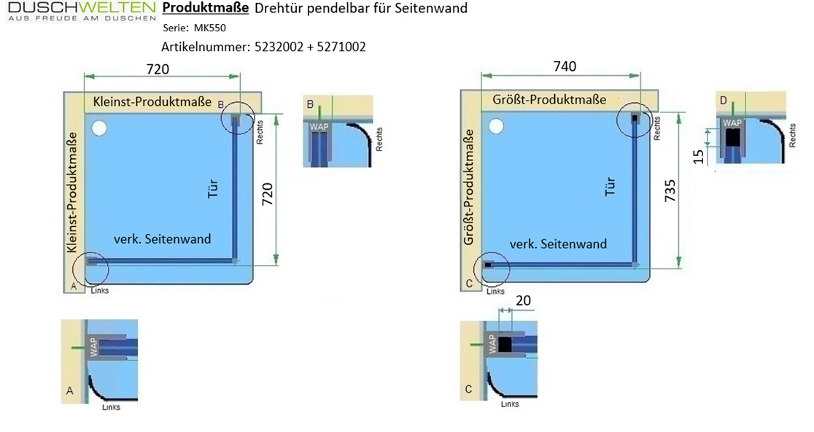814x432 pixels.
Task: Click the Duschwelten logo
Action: coord(82,11)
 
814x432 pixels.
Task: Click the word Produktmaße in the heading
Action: coord(206,8)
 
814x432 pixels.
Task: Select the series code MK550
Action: coord(210,28)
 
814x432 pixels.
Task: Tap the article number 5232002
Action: coord(279,47)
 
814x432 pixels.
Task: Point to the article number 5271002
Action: coord(341,47)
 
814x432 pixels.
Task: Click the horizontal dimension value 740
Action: coord(565,66)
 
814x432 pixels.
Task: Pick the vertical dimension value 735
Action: coord(670,190)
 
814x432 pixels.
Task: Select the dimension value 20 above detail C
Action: coord(523,301)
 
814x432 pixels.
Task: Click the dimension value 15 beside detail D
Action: coord(698,156)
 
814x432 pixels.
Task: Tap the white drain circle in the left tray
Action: coord(98,128)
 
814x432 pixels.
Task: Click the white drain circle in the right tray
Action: coord(496,126)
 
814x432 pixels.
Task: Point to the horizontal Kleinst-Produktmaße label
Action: coord(152,101)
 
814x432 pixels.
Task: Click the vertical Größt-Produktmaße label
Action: coord(469,187)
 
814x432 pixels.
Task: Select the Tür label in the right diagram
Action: coord(610,186)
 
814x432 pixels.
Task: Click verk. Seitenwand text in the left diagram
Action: coord(163,239)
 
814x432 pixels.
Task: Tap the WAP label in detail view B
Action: coord(319,127)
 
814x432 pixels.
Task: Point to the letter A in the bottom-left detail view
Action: coord(70,390)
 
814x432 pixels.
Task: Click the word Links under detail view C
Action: coord(510,404)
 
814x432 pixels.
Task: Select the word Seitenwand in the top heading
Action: coord(435,8)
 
